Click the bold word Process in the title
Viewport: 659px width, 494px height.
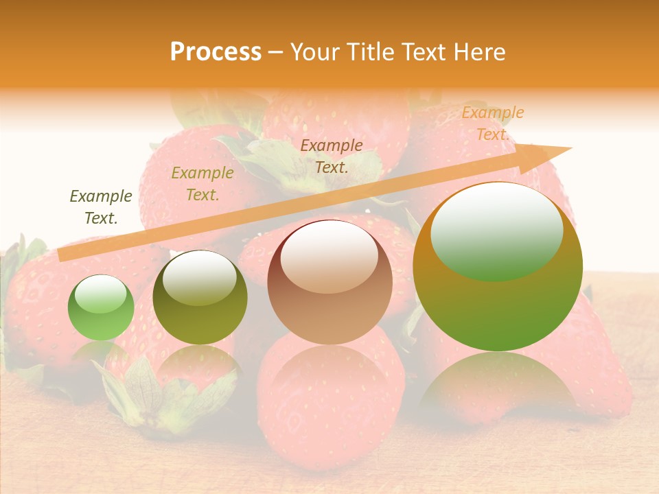point(216,52)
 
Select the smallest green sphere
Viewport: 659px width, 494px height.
point(101,308)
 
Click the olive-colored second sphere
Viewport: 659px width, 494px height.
point(200,298)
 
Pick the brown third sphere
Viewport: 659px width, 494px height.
point(329,283)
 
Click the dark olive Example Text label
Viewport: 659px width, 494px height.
point(101,207)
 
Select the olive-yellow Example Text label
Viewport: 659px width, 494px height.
point(202,184)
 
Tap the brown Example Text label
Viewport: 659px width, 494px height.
point(332,156)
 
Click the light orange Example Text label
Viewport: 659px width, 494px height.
point(492,123)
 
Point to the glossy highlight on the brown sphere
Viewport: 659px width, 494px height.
point(329,256)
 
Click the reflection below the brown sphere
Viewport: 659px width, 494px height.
point(329,370)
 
